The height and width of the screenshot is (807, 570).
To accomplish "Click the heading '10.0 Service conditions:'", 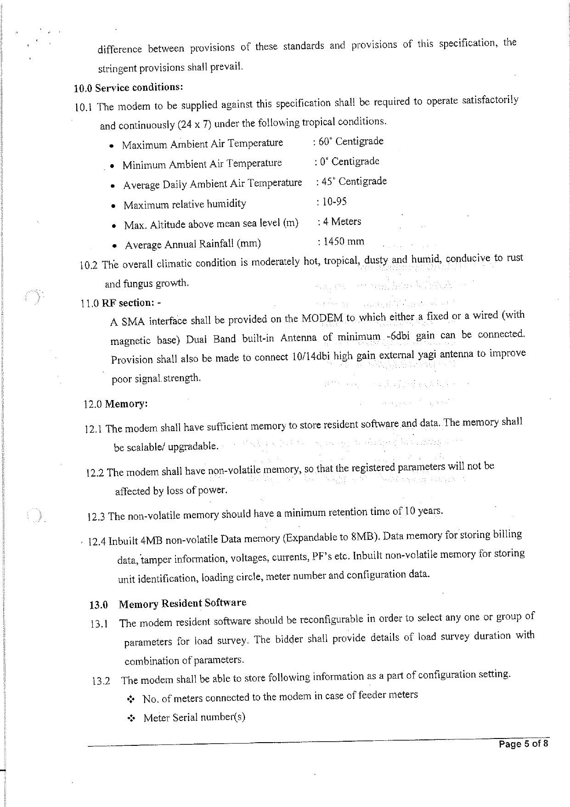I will [x=128, y=87].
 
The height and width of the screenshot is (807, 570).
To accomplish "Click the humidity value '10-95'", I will [x=334, y=201].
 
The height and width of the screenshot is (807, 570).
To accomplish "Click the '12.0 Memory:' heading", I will [x=116, y=404].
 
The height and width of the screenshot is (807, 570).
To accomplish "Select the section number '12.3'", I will [x=96, y=517].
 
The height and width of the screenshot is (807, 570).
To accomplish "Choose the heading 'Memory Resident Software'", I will [x=182, y=603].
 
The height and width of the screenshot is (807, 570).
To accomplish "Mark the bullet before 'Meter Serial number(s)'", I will [x=130, y=719].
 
